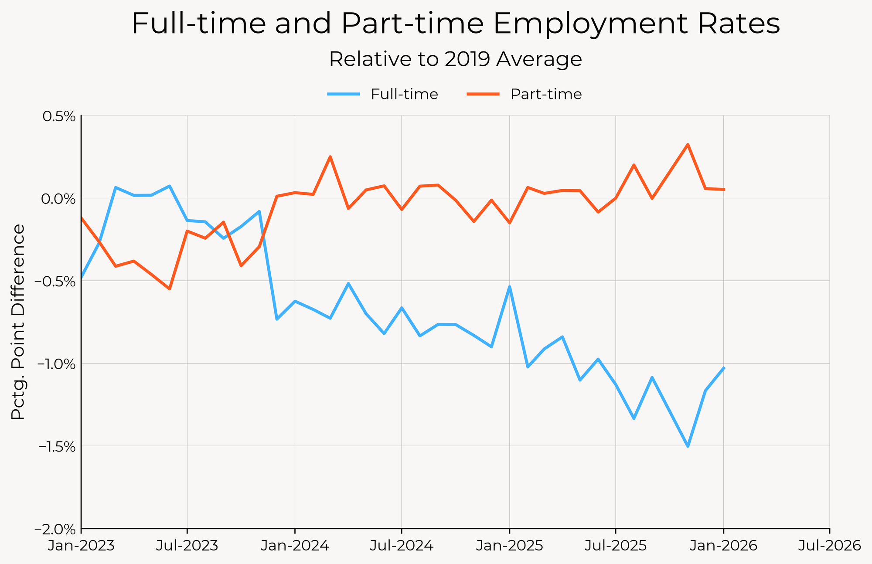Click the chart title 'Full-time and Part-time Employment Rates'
[455, 24]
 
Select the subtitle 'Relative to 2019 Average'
[455, 59]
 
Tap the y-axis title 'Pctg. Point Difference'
[18, 322]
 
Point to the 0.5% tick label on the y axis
[58, 116]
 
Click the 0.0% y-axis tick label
[58, 199]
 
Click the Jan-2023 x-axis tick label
[81, 546]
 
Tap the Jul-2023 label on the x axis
[187, 546]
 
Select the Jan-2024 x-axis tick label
[295, 546]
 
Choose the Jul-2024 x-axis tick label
[402, 546]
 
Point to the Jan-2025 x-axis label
[509, 546]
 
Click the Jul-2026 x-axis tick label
[829, 546]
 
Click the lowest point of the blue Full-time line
[688, 446]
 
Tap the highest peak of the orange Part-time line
[688, 144]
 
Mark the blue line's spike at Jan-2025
[509, 287]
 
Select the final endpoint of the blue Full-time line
[724, 368]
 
